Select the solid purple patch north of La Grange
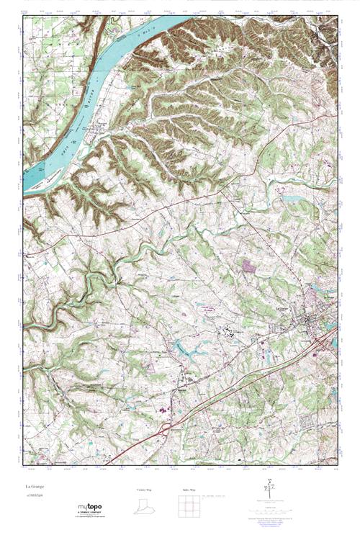(249, 266)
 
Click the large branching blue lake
(189, 351)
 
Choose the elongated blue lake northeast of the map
(292, 198)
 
